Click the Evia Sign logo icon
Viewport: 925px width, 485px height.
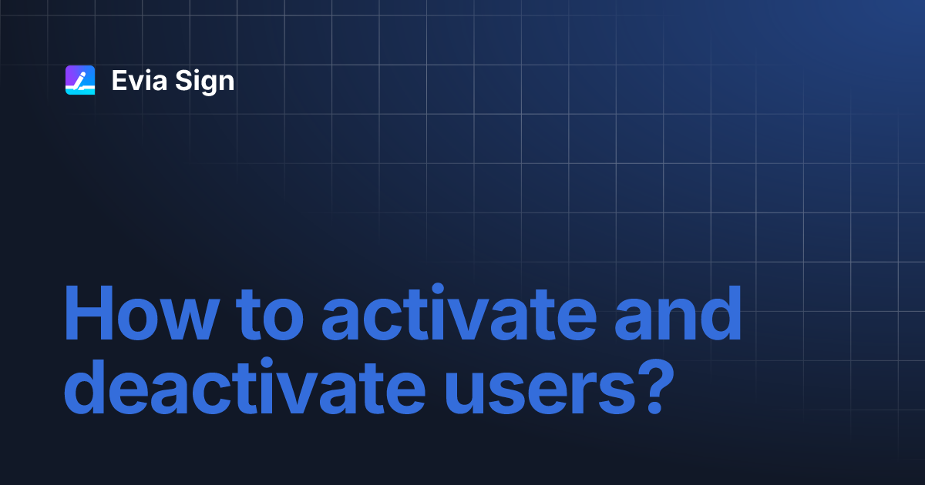[x=80, y=80]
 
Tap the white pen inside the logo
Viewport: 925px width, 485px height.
[x=80, y=79]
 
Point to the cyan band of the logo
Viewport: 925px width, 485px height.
[x=80, y=89]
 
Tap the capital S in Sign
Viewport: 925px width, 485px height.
[x=183, y=80]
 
